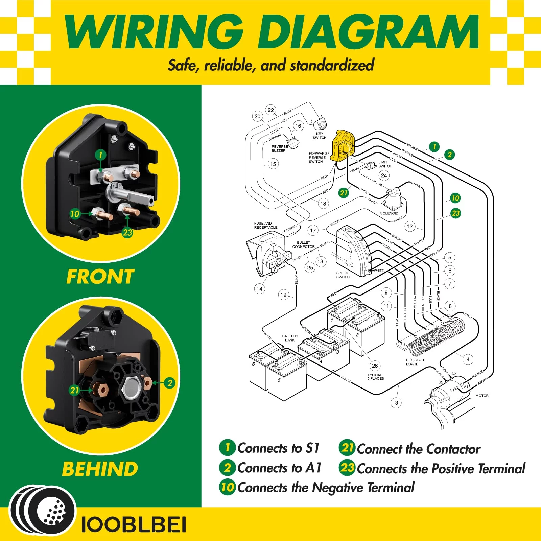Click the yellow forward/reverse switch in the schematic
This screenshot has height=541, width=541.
coord(344,145)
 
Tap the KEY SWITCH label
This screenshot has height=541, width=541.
coord(320,136)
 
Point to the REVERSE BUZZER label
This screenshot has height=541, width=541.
coord(280,149)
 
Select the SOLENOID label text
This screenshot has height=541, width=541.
coord(389,213)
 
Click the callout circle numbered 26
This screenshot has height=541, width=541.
coord(375,366)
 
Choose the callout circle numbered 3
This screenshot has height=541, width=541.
coord(396,403)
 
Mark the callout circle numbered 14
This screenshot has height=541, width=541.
coord(259,289)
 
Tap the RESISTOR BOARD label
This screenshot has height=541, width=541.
coord(415,362)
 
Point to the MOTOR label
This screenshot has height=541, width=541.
coord(482,396)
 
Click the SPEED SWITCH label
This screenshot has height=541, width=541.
coord(343,275)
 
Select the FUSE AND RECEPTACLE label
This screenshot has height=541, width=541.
coord(266,225)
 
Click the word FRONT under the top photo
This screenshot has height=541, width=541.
coord(100,277)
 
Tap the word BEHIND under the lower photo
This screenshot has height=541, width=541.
coord(100,469)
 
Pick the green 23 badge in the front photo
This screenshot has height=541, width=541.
coord(127,232)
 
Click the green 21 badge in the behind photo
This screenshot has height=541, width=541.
coord(74,390)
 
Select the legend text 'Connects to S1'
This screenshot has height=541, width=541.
coord(278,448)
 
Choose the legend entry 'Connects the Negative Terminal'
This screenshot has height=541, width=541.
coord(326,488)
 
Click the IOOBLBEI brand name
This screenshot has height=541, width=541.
coord(134,525)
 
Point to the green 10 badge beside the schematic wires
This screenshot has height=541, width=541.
coord(455,198)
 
